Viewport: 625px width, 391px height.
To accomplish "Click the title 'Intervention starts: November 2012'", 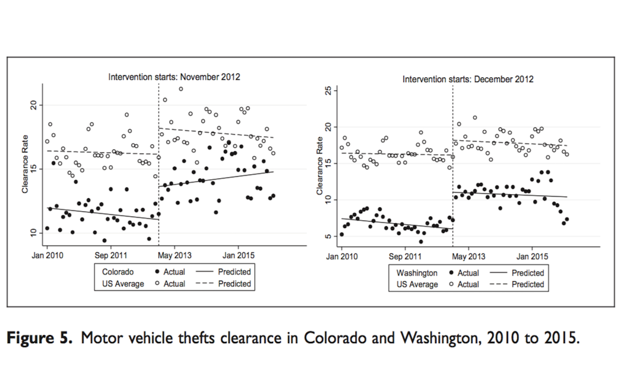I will (174, 77).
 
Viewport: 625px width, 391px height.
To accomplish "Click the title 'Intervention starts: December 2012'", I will (468, 79).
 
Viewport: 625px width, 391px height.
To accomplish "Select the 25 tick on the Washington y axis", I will (329, 91).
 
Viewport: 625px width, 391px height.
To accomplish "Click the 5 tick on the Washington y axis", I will (329, 236).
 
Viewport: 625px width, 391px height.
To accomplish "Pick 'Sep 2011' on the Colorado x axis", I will (111, 256).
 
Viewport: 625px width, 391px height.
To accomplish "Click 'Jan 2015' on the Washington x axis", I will (532, 257).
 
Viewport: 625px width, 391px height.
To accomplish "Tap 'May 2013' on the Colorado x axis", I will (175, 256).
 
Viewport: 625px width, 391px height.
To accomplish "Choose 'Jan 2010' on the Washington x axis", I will (342, 257).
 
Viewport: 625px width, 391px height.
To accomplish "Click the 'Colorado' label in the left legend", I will (118, 272).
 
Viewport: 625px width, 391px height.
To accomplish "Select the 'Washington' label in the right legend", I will (417, 273).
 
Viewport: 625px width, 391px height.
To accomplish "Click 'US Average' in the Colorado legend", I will (123, 284).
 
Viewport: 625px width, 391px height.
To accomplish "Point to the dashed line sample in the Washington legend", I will (498, 284).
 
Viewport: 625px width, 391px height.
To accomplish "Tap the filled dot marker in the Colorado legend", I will (157, 272).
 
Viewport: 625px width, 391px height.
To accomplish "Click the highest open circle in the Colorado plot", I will (181, 89).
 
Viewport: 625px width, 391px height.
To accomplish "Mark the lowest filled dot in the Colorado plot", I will (104, 241).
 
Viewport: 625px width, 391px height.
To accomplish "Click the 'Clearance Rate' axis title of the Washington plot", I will (319, 166).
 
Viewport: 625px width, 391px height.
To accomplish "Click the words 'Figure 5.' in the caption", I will (39, 338).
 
